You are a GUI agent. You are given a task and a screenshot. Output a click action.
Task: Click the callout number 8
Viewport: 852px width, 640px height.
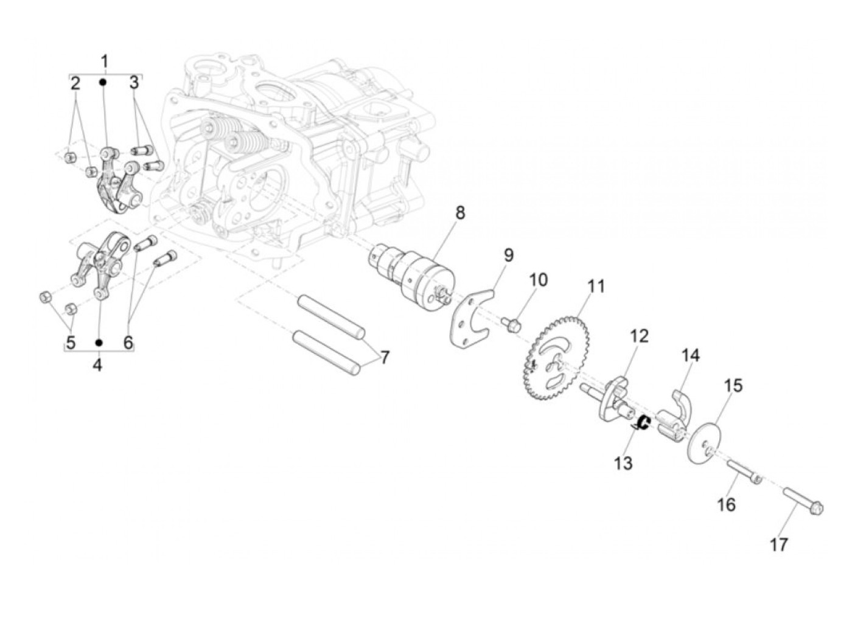coord(459,213)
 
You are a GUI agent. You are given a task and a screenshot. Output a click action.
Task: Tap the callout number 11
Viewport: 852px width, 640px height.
coord(596,286)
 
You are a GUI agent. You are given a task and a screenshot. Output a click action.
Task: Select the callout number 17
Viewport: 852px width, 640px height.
coord(779,544)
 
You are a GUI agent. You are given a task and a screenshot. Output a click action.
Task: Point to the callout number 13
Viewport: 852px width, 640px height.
coord(623,464)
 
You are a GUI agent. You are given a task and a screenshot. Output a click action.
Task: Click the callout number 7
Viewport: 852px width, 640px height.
coord(385,358)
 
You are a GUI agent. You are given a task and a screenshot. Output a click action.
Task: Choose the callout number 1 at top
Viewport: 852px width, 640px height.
coord(104,61)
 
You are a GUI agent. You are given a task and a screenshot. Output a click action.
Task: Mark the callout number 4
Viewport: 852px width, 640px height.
coord(97,365)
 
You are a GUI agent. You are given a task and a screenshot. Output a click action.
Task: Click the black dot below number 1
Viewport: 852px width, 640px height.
coord(103,82)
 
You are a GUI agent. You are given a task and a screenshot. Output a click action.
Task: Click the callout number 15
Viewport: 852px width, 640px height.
coord(733,386)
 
